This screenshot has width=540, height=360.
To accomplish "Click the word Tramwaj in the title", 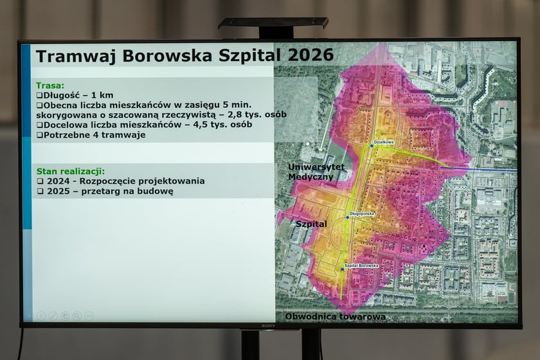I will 69,57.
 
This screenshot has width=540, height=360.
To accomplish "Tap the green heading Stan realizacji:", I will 70,171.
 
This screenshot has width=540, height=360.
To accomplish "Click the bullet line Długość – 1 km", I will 75,94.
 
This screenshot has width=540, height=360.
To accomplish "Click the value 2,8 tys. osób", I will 256,114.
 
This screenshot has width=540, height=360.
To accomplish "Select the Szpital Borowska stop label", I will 361,265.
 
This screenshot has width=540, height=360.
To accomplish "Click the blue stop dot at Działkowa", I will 372,146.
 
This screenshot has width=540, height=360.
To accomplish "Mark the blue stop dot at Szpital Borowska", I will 343,269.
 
